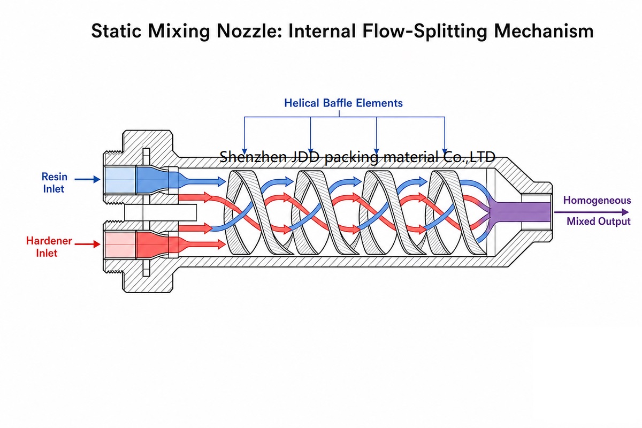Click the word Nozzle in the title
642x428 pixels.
pyautogui.click(x=248, y=31)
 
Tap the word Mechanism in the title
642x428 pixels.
pyautogui.click(x=544, y=31)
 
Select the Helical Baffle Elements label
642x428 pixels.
pyautogui.click(x=343, y=103)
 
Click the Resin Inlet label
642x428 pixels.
pyautogui.click(x=54, y=182)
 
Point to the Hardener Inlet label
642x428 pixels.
pyautogui.click(x=49, y=247)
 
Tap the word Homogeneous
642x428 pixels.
pyautogui.click(x=597, y=200)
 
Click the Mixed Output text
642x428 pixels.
pyautogui.click(x=599, y=221)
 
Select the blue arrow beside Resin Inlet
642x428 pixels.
pyautogui.click(x=87, y=179)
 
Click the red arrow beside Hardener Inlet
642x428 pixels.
pyautogui.click(x=87, y=244)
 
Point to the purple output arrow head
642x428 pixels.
pyautogui.click(x=625, y=212)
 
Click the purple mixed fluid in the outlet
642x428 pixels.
pyautogui.click(x=519, y=212)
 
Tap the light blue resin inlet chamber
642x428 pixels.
pyautogui.click(x=120, y=180)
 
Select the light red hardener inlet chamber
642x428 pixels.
pyautogui.click(x=120, y=244)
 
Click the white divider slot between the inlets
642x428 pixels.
pyautogui.click(x=160, y=212)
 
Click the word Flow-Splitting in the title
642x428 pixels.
pyautogui.click(x=425, y=31)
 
